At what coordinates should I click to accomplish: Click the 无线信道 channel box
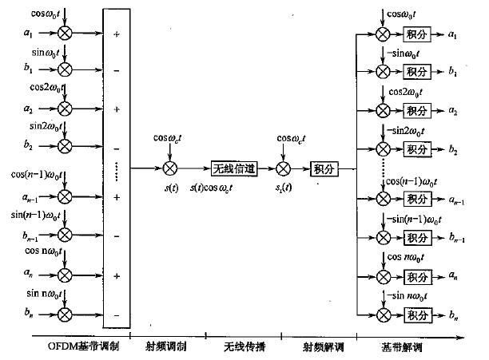click(233, 169)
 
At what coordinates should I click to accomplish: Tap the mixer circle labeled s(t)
click(169, 169)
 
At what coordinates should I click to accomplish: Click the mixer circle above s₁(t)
click(283, 169)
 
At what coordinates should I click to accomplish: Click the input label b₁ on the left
click(28, 71)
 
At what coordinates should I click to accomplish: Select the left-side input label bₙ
click(28, 314)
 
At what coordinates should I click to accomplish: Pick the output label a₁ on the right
click(454, 35)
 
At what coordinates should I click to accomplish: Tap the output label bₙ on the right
click(454, 318)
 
